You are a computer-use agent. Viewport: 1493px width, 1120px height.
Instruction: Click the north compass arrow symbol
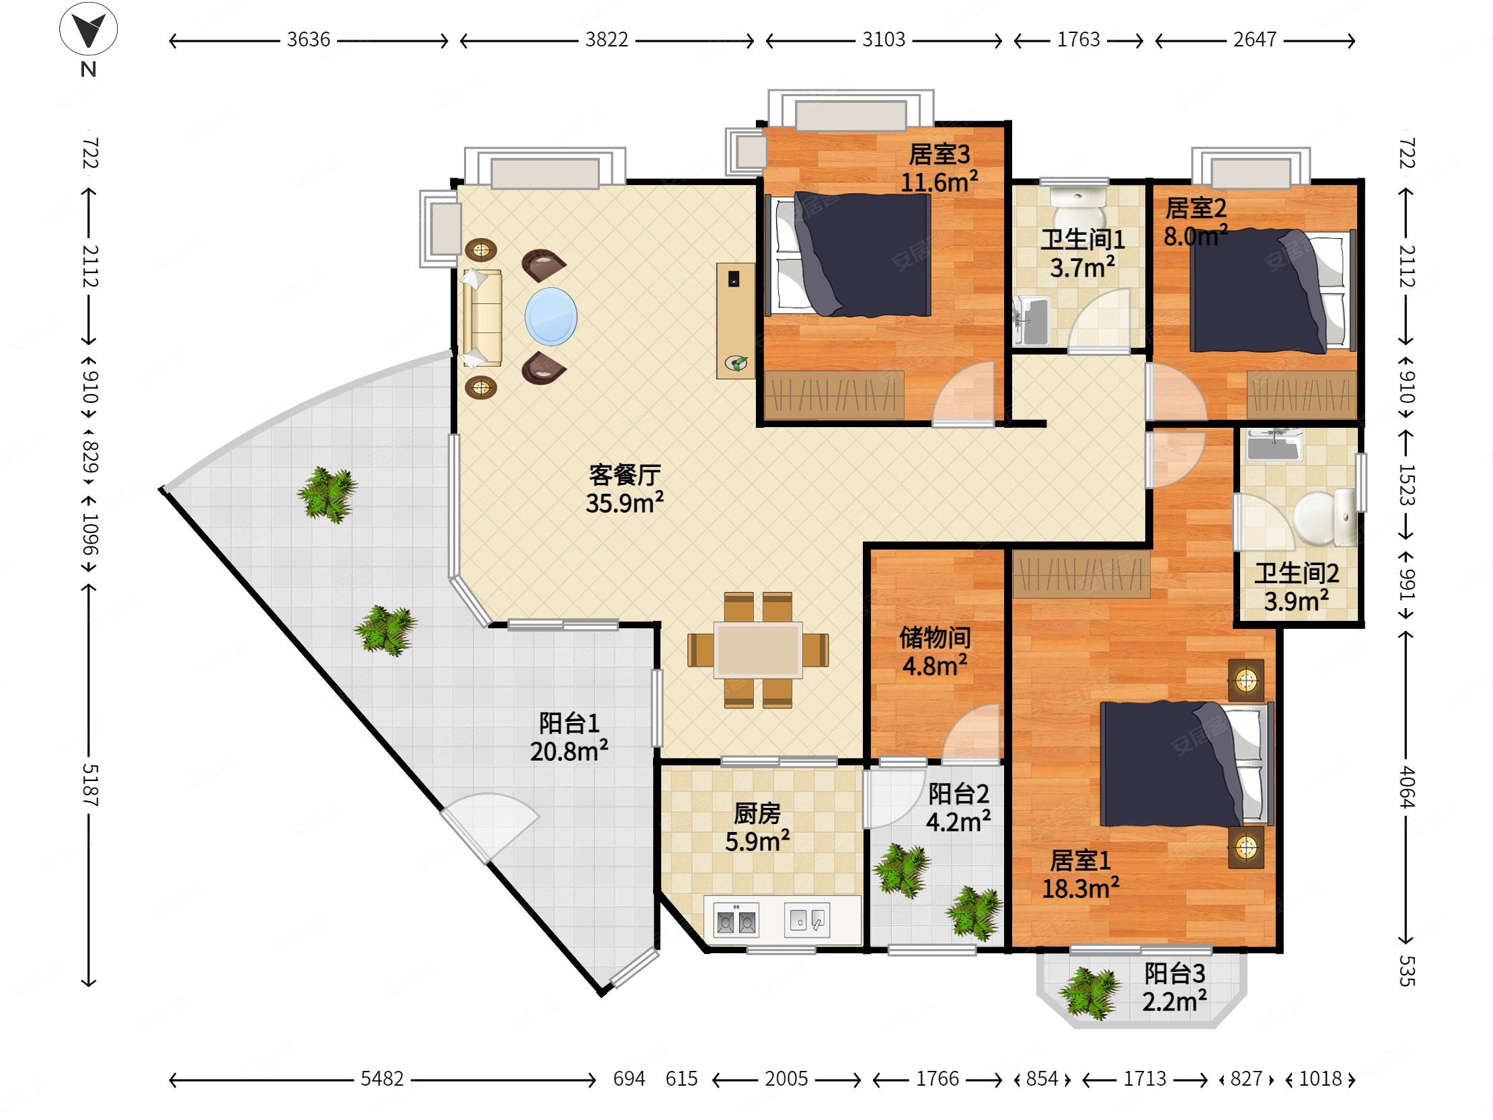click(x=88, y=29)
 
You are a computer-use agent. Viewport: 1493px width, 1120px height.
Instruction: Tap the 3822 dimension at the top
click(x=606, y=40)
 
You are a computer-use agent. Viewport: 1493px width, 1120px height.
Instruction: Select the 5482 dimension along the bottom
click(x=382, y=1079)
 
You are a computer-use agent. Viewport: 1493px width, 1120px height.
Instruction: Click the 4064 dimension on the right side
click(x=1407, y=786)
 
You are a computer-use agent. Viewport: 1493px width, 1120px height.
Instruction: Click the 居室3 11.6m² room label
click(x=939, y=168)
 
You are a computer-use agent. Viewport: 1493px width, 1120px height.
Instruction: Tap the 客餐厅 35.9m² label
click(x=624, y=489)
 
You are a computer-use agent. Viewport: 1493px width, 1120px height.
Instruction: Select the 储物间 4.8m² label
click(x=935, y=651)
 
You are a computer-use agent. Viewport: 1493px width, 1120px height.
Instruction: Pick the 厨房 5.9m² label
click(x=757, y=827)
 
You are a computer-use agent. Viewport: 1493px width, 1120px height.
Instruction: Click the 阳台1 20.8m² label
click(x=569, y=737)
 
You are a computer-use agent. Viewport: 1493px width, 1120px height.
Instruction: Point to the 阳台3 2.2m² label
click(x=1174, y=987)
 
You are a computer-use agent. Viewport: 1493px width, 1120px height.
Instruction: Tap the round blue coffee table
click(x=551, y=317)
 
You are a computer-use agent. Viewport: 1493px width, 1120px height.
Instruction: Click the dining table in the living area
click(x=759, y=650)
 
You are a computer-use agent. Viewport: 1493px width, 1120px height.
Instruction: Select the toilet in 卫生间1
click(x=1079, y=207)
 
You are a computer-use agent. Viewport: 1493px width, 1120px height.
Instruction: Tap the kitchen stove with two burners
click(x=736, y=920)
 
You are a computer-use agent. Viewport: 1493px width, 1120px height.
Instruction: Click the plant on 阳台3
click(x=1088, y=993)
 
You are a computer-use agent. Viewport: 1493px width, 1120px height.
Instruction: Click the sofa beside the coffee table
click(x=482, y=318)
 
